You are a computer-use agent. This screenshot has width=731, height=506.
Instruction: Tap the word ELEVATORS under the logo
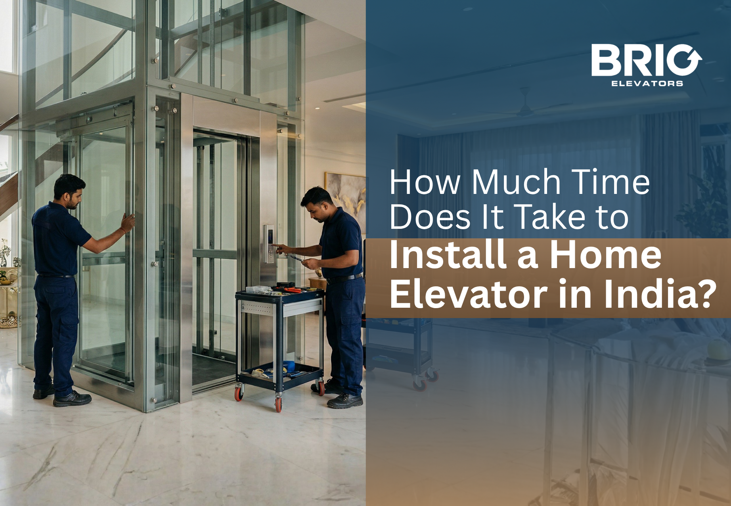point(647,83)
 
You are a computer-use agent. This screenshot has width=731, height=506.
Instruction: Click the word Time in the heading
point(610,182)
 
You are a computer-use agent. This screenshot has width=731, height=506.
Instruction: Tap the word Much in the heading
point(516,182)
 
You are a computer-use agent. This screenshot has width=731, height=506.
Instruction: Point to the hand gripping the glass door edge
point(128,222)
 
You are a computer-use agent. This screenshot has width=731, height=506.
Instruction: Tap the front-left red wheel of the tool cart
point(239,393)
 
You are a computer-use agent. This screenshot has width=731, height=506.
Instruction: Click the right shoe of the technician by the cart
point(344,401)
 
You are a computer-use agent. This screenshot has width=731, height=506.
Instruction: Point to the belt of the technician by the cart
point(343,278)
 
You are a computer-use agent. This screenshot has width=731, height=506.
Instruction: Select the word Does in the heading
point(430,217)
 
